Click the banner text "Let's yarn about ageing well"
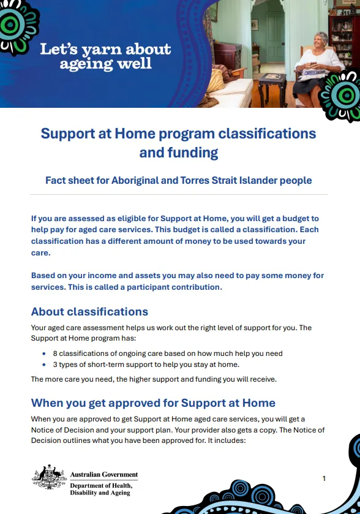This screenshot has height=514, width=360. coord(105,56)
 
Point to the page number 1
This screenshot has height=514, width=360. coord(324,478)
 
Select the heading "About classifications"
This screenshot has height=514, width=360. coord(89,311)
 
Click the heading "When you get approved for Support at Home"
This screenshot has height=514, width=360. coord(153,403)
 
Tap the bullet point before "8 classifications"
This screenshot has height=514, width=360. coord(44,353)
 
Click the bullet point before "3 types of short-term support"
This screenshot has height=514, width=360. coord(44,364)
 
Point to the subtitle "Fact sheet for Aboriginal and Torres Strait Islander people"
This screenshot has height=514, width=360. coord(179,180)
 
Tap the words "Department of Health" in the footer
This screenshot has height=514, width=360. coord(101,485)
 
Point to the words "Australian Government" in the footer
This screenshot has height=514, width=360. coord(104,475)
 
